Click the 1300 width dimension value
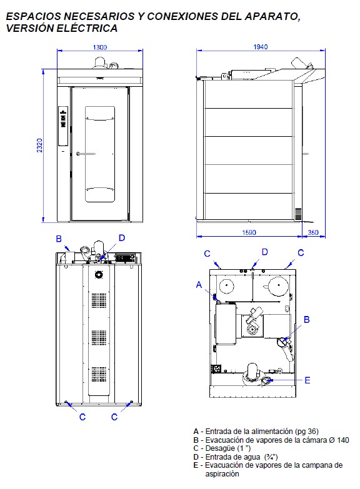(99, 47)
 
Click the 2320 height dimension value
(39, 146)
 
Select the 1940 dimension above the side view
(261, 47)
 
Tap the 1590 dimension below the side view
(249, 232)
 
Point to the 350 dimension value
(313, 232)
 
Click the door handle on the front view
(86, 154)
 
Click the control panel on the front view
(63, 126)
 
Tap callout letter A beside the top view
(199, 285)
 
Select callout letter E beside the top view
(307, 380)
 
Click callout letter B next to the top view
(307, 320)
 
